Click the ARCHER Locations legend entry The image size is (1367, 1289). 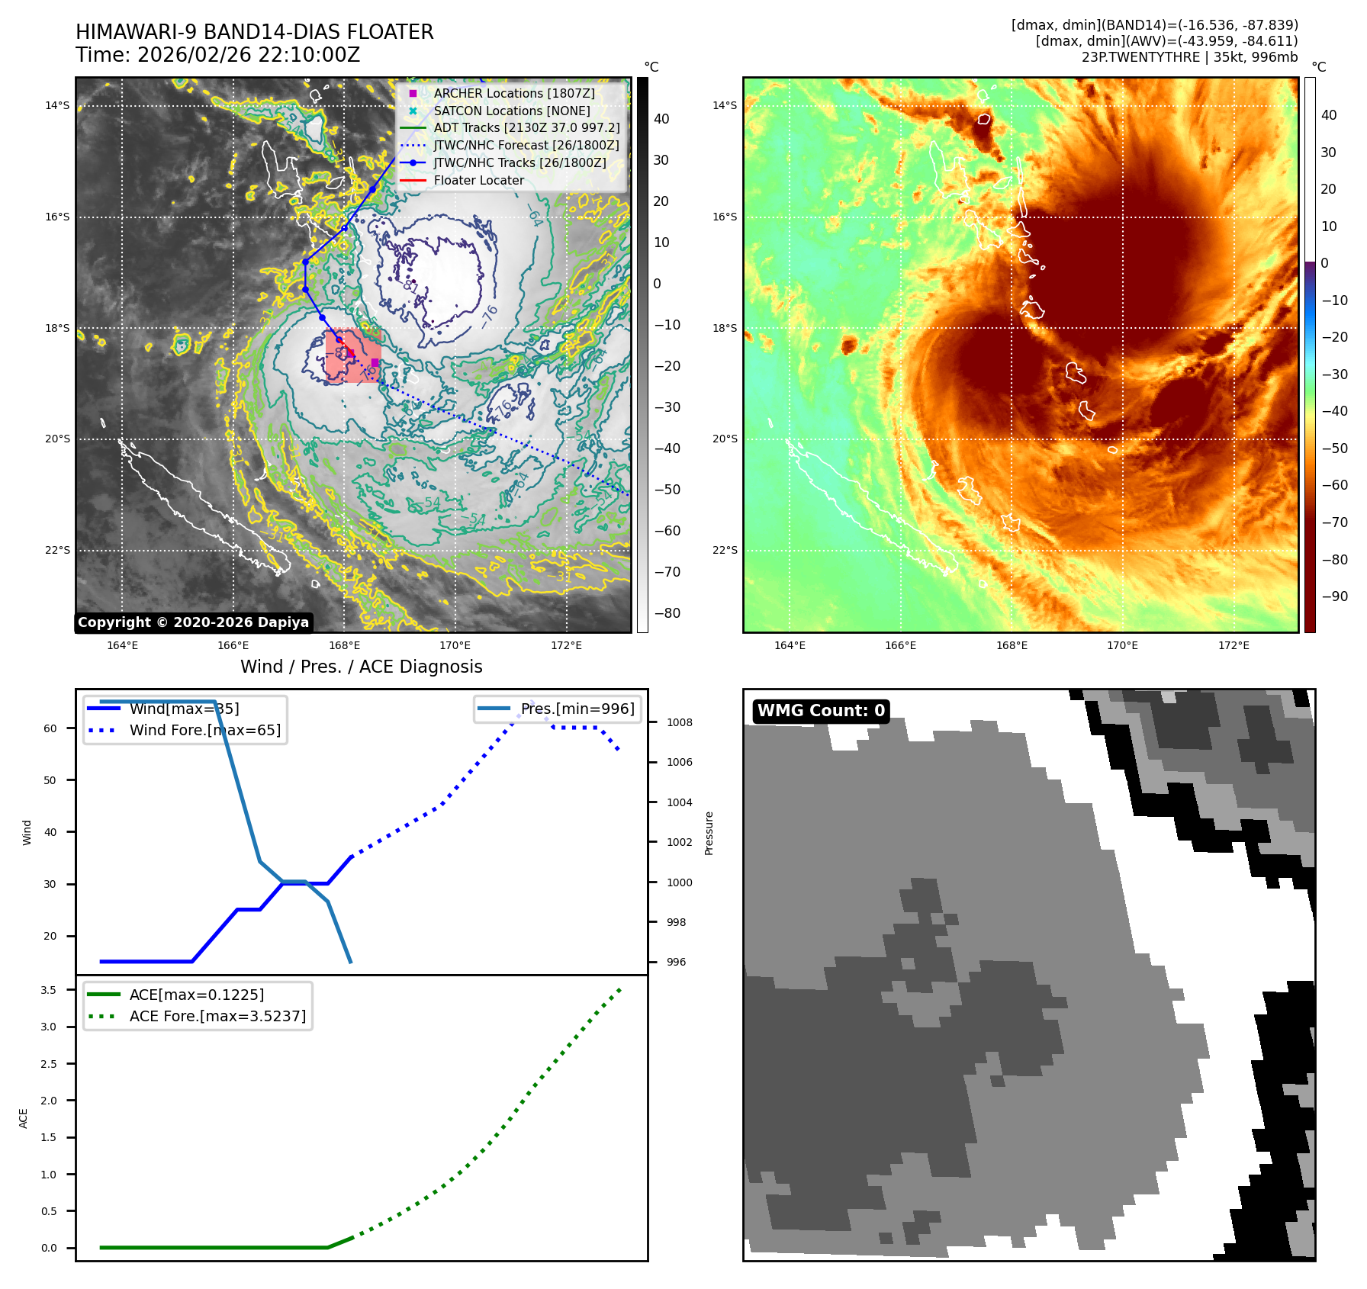[x=513, y=93]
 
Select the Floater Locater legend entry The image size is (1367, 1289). [x=478, y=181]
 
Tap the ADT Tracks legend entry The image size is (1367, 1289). [x=526, y=128]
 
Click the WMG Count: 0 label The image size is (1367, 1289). [x=821, y=711]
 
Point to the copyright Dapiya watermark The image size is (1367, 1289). [x=193, y=622]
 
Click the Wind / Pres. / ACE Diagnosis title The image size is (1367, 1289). [x=361, y=667]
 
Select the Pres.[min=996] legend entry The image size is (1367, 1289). [x=577, y=709]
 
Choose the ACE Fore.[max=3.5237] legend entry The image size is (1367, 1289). [x=217, y=1016]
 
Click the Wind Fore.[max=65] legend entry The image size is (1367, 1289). [x=204, y=730]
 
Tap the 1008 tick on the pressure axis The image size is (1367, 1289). [x=679, y=722]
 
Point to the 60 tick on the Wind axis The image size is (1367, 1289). [x=50, y=728]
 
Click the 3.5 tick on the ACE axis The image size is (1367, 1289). [x=49, y=990]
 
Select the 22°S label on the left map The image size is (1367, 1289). [x=57, y=550]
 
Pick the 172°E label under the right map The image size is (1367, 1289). [x=1234, y=645]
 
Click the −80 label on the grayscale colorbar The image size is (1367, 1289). [x=667, y=613]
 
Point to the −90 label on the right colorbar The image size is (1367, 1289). [x=1334, y=596]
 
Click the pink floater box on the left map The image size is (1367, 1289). [x=353, y=356]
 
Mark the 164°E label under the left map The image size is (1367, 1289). [x=122, y=645]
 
